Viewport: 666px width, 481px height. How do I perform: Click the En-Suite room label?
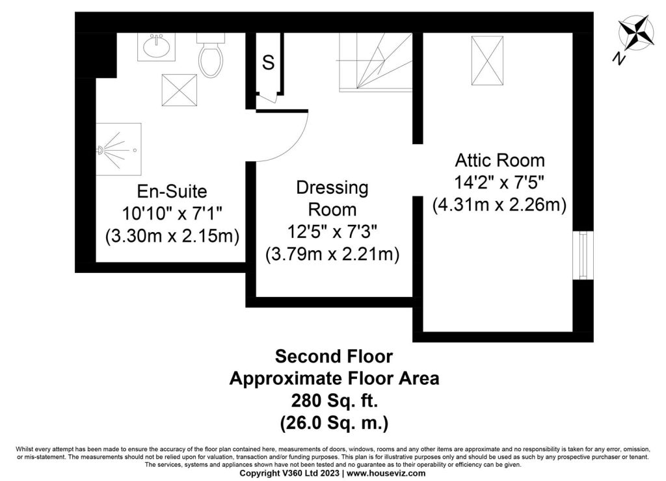point(172,191)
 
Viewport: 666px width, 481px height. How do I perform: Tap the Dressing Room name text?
point(332,198)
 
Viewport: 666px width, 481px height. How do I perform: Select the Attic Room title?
point(499,161)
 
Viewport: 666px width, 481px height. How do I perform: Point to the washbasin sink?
point(156,47)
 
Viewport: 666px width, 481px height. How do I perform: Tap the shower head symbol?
point(101,149)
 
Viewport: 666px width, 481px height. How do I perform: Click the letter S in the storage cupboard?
point(268,63)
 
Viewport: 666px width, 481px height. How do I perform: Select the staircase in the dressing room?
point(375,62)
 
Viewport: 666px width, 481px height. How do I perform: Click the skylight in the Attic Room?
point(487,60)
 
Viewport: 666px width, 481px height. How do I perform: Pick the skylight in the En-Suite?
point(180,90)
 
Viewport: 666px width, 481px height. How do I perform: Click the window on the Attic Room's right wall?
point(583,255)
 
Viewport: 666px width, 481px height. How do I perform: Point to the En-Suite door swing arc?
point(293,145)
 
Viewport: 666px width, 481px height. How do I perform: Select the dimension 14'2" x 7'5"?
point(499,183)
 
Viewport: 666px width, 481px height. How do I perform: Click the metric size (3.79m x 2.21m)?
point(332,254)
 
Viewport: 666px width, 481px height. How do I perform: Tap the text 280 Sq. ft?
point(334,400)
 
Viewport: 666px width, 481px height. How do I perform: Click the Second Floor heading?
point(334,356)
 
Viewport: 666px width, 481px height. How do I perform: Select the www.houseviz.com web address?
point(386,473)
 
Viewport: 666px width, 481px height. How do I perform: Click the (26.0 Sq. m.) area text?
point(334,423)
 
